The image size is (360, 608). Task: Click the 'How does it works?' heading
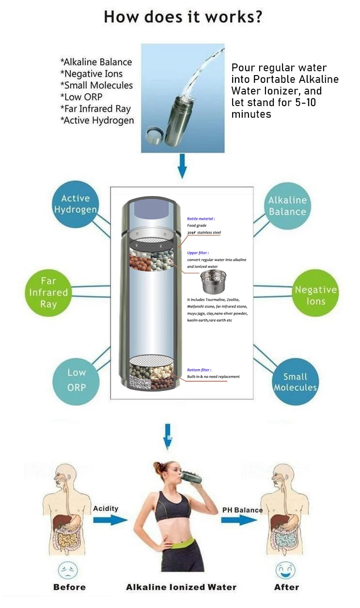coord(183,17)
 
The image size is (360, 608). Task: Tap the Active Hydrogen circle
coord(76,204)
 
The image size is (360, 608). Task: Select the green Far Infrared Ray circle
coord(48,293)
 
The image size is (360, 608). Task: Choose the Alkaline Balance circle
coord(287,206)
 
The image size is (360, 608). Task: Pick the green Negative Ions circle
coord(315,295)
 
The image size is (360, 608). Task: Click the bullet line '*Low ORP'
coord(81,97)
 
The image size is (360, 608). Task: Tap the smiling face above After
coord(286,569)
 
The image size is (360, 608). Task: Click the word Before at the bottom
coord(69,587)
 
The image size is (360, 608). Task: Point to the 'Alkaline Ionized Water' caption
coord(181,587)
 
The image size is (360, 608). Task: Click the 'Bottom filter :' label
coord(199,370)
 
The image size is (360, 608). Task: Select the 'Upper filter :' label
coord(199,252)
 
